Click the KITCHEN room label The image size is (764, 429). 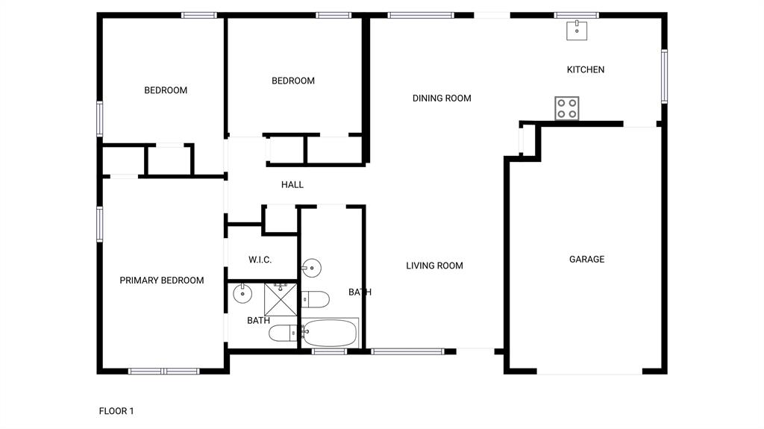point(586,69)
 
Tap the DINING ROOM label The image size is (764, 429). point(442,98)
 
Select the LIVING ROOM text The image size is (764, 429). point(434,266)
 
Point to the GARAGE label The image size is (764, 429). point(586,259)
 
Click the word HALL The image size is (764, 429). point(292,184)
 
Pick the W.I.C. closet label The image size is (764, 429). point(260,260)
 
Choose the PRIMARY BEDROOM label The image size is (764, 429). point(162,281)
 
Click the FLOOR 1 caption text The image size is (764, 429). point(116,410)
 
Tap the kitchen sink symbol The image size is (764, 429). point(577,31)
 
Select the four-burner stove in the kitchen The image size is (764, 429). point(567,108)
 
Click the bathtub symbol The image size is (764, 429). point(329,332)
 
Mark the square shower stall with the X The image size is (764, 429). point(281,300)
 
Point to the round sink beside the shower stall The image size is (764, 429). point(242,293)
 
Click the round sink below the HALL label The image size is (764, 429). point(311,268)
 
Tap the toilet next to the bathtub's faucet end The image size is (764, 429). point(284,333)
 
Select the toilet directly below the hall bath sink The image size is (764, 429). point(315,299)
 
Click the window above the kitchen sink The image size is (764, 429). point(576,14)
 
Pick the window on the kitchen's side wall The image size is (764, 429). point(663,76)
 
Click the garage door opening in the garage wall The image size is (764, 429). point(589,372)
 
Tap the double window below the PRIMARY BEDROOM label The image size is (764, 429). point(163,371)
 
